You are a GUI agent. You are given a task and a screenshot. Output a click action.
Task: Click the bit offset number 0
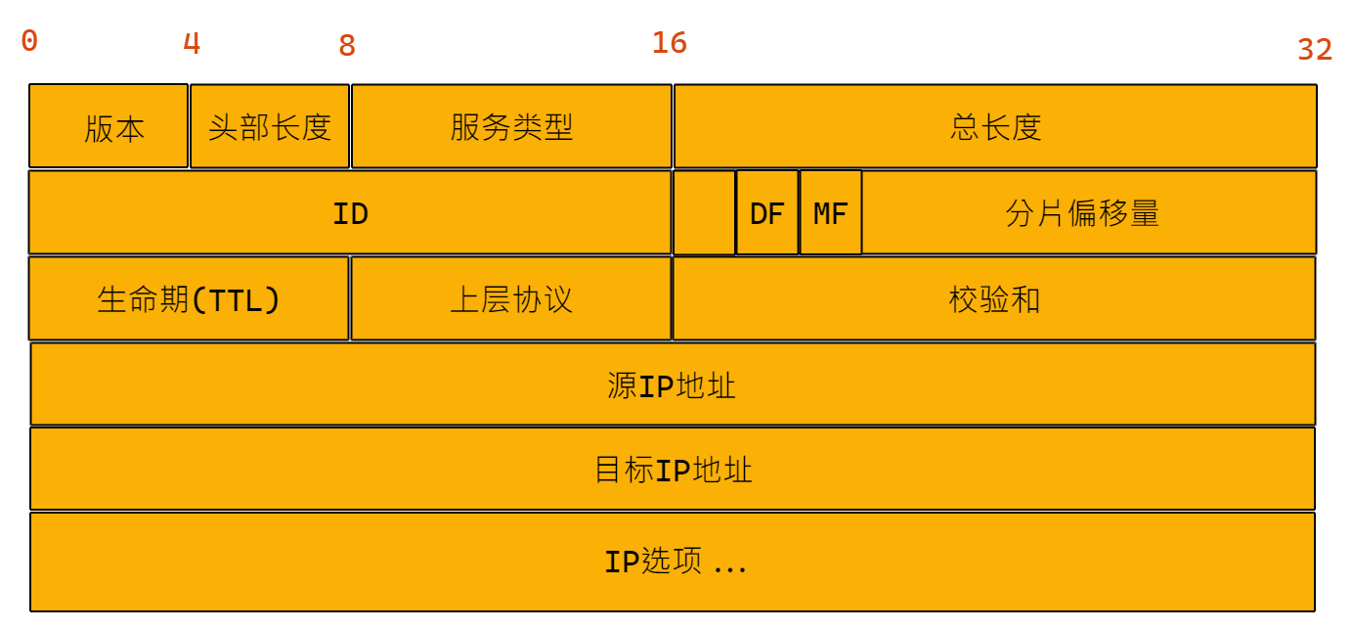coord(29,41)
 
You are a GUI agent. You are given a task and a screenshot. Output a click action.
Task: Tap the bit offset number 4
coord(192,43)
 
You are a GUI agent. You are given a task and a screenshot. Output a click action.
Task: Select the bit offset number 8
coord(347,45)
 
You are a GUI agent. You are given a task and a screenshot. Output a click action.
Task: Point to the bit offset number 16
coord(670,43)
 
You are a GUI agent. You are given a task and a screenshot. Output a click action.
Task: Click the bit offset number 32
coord(1315,49)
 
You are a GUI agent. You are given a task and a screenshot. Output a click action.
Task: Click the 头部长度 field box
coord(270,126)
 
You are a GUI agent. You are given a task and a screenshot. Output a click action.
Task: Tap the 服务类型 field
coord(511,126)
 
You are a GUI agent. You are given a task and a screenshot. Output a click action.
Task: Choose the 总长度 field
coord(995,126)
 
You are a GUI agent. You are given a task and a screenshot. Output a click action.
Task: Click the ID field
coord(350,213)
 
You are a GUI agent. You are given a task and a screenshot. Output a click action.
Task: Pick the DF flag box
coord(767,213)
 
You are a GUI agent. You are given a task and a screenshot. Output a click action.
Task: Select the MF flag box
coord(831,213)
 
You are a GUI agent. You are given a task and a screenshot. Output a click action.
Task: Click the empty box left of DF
coord(704,213)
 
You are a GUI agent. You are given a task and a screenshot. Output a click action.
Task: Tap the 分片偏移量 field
coord(1082,213)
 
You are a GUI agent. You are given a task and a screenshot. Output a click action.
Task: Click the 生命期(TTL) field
coord(189,299)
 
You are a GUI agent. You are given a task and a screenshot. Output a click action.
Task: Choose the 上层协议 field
coord(511,299)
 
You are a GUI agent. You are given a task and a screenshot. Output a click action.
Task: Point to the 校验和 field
coord(994,299)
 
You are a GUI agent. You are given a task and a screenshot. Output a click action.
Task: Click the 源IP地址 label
coord(672,385)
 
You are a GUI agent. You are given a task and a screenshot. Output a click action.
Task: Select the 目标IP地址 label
coord(674,471)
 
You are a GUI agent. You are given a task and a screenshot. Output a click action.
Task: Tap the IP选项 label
coord(675,562)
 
